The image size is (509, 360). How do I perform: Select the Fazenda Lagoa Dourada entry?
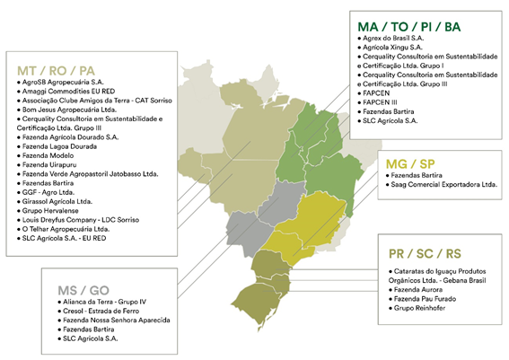tap(58, 146)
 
